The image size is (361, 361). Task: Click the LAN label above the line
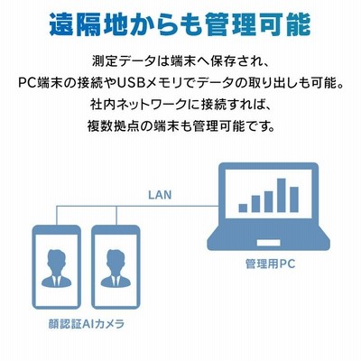[160, 195]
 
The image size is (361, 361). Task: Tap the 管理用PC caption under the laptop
[270, 264]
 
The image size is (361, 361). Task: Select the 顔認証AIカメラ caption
[87, 324]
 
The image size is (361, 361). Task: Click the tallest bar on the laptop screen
[282, 195]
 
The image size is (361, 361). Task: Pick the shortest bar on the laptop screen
[243, 208]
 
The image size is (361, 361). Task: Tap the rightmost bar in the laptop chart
[294, 199]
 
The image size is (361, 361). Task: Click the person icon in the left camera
[56, 268]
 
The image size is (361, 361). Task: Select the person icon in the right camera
[116, 268]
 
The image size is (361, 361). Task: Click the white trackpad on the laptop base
[269, 243]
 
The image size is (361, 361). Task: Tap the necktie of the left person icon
[56, 281]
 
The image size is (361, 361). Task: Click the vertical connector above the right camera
[116, 216]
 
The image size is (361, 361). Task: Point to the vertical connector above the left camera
[57, 216]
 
